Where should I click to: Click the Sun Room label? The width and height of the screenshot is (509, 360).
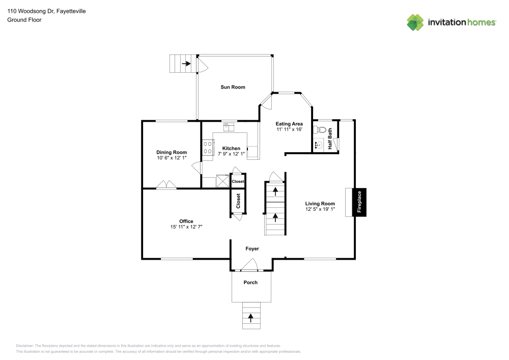pyautogui.click(x=233, y=87)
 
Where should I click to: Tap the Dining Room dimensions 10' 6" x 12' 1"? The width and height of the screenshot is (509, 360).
pyautogui.click(x=172, y=158)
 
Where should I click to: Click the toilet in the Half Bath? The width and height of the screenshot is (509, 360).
pyautogui.click(x=319, y=130)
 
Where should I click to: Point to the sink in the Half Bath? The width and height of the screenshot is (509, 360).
pyautogui.click(x=318, y=145)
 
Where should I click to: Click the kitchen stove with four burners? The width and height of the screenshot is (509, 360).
pyautogui.click(x=208, y=147)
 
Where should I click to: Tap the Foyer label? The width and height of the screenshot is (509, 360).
pyautogui.click(x=252, y=249)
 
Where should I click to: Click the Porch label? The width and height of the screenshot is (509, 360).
pyautogui.click(x=250, y=283)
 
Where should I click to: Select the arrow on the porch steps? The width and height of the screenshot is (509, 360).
pyautogui.click(x=250, y=317)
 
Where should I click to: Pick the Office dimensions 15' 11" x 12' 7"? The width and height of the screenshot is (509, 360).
pyautogui.click(x=186, y=227)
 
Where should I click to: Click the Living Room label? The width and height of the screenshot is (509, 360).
pyautogui.click(x=320, y=204)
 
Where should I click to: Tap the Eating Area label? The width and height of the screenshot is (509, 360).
pyautogui.click(x=289, y=124)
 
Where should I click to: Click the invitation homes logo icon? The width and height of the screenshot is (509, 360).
pyautogui.click(x=415, y=22)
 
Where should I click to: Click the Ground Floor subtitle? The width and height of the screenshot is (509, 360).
pyautogui.click(x=24, y=20)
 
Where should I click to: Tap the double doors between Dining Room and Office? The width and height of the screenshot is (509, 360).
pyautogui.click(x=166, y=185)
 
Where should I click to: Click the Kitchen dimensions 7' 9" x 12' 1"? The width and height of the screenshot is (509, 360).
pyautogui.click(x=229, y=154)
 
